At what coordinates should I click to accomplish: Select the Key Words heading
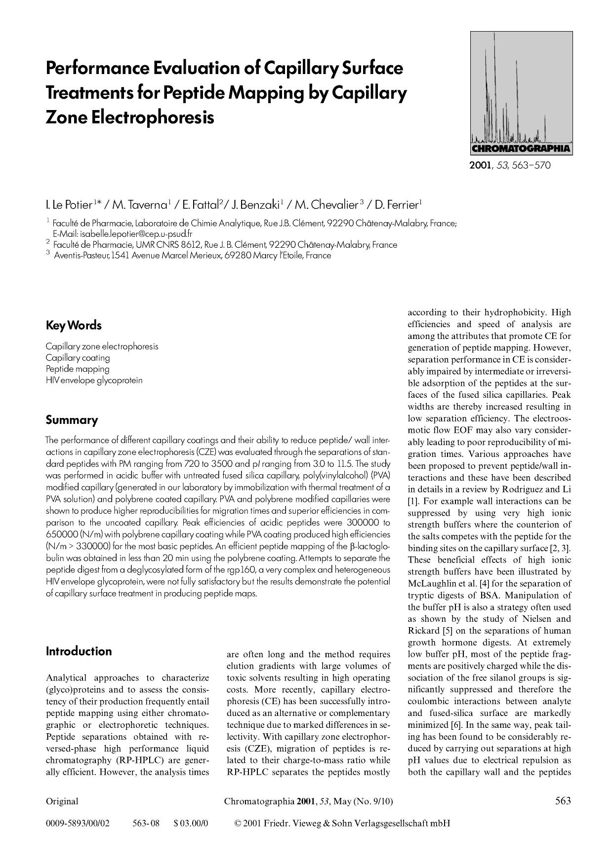pos(74,326)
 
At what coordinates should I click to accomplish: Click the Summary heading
pos(72,420)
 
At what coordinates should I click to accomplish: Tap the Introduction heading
pos(79,651)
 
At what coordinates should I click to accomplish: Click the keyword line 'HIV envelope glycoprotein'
pos(94,380)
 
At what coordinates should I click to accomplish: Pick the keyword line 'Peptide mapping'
pos(78,369)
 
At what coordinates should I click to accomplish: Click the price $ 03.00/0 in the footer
pos(191,823)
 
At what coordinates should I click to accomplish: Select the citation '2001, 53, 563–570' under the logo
pos(509,165)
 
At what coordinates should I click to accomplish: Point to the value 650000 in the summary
pos(62,534)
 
